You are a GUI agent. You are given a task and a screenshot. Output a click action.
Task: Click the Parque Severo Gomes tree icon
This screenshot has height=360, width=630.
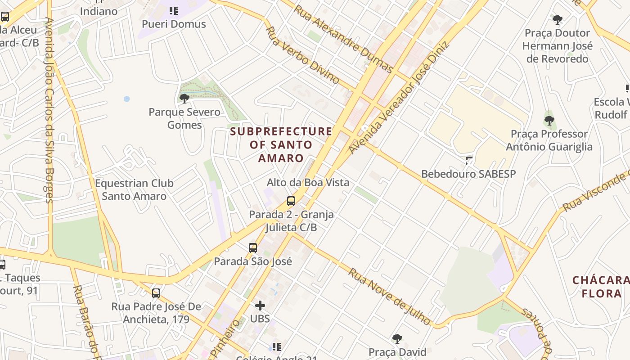pyautogui.click(x=184, y=98)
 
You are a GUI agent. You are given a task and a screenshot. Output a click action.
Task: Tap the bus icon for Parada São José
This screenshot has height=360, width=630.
pyautogui.click(x=253, y=247)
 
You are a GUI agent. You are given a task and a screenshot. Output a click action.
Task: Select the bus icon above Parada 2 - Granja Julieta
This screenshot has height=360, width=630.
pyautogui.click(x=291, y=201)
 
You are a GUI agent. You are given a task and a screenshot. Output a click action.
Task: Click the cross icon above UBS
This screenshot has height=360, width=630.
pyautogui.click(x=260, y=306)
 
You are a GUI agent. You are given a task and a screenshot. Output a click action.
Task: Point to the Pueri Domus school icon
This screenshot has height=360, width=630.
pyautogui.click(x=174, y=10)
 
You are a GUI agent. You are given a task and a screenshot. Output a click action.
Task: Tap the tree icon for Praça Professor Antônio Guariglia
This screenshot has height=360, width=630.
pyautogui.click(x=549, y=120)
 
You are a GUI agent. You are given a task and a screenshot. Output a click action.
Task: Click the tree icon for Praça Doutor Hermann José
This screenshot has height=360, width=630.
pyautogui.click(x=558, y=19)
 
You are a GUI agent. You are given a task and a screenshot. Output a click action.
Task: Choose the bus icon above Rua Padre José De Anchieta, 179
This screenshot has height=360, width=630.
pyautogui.click(x=156, y=293)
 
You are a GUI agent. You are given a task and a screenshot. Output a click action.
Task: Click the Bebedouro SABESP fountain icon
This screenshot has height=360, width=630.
pyautogui.click(x=469, y=160)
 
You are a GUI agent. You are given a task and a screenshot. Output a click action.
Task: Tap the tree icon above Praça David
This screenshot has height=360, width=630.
pyautogui.click(x=397, y=338)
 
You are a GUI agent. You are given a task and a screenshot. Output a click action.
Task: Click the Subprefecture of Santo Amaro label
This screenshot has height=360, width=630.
pyautogui.click(x=281, y=144)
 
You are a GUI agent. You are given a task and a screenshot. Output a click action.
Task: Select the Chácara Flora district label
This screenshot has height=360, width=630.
pyautogui.click(x=601, y=287)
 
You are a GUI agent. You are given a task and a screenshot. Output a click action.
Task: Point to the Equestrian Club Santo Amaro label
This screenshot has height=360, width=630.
pyautogui.click(x=134, y=189)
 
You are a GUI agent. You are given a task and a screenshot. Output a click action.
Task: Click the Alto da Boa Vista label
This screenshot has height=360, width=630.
pyautogui.click(x=308, y=182)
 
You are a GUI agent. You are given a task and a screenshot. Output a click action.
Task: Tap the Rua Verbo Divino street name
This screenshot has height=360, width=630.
pyautogui.click(x=302, y=55)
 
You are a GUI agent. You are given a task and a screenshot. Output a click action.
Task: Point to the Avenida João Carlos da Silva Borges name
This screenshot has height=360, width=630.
pyautogui.click(x=49, y=110)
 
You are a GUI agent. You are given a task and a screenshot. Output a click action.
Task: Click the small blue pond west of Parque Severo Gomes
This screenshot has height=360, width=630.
pyautogui.click(x=127, y=99)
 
